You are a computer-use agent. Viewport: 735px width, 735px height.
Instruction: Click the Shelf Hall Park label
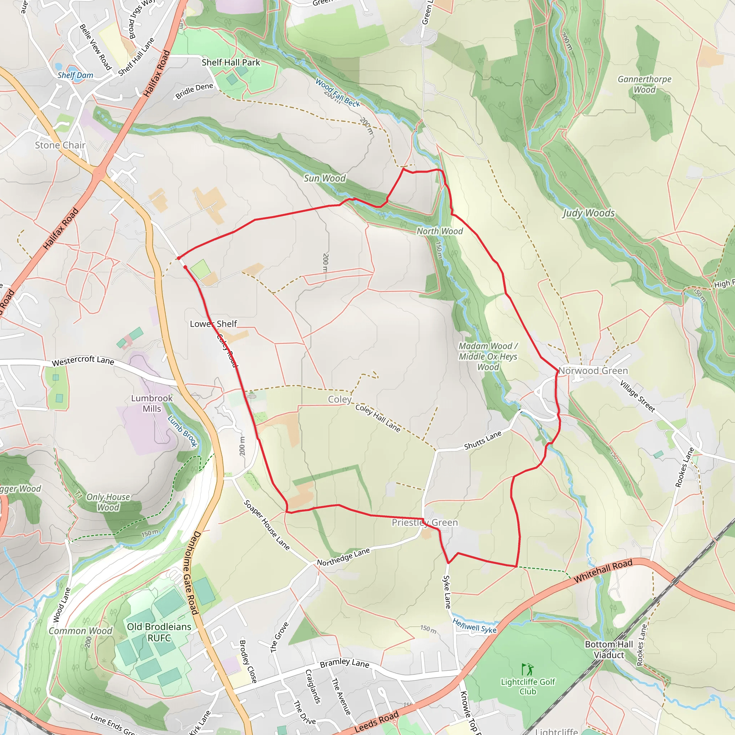coord(230,62)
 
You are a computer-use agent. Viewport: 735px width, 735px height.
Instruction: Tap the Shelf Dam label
coord(75,75)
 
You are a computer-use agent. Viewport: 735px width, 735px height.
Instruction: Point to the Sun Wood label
coord(324,178)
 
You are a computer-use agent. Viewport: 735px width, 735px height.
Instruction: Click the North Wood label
coord(439,231)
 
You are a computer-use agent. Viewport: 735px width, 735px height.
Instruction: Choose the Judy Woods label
coord(589,213)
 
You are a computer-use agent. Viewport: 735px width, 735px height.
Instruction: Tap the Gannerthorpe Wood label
coord(645,84)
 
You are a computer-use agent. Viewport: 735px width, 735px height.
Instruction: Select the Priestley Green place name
coord(425,522)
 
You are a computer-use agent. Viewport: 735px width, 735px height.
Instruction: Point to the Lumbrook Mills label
coord(152,403)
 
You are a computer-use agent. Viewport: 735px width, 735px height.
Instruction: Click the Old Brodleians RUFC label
coord(159,632)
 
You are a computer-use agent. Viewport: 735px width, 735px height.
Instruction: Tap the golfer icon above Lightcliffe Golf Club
coord(527,669)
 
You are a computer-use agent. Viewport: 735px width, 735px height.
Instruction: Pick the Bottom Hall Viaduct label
coord(609,649)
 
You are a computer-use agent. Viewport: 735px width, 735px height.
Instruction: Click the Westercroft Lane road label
coord(83,360)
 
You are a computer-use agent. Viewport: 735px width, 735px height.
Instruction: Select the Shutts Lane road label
coord(483,440)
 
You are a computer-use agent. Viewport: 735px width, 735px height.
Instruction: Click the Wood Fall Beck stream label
coord(337,93)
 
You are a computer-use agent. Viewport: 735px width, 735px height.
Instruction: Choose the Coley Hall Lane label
coord(378,418)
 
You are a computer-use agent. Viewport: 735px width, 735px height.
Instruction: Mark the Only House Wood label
coord(108,502)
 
